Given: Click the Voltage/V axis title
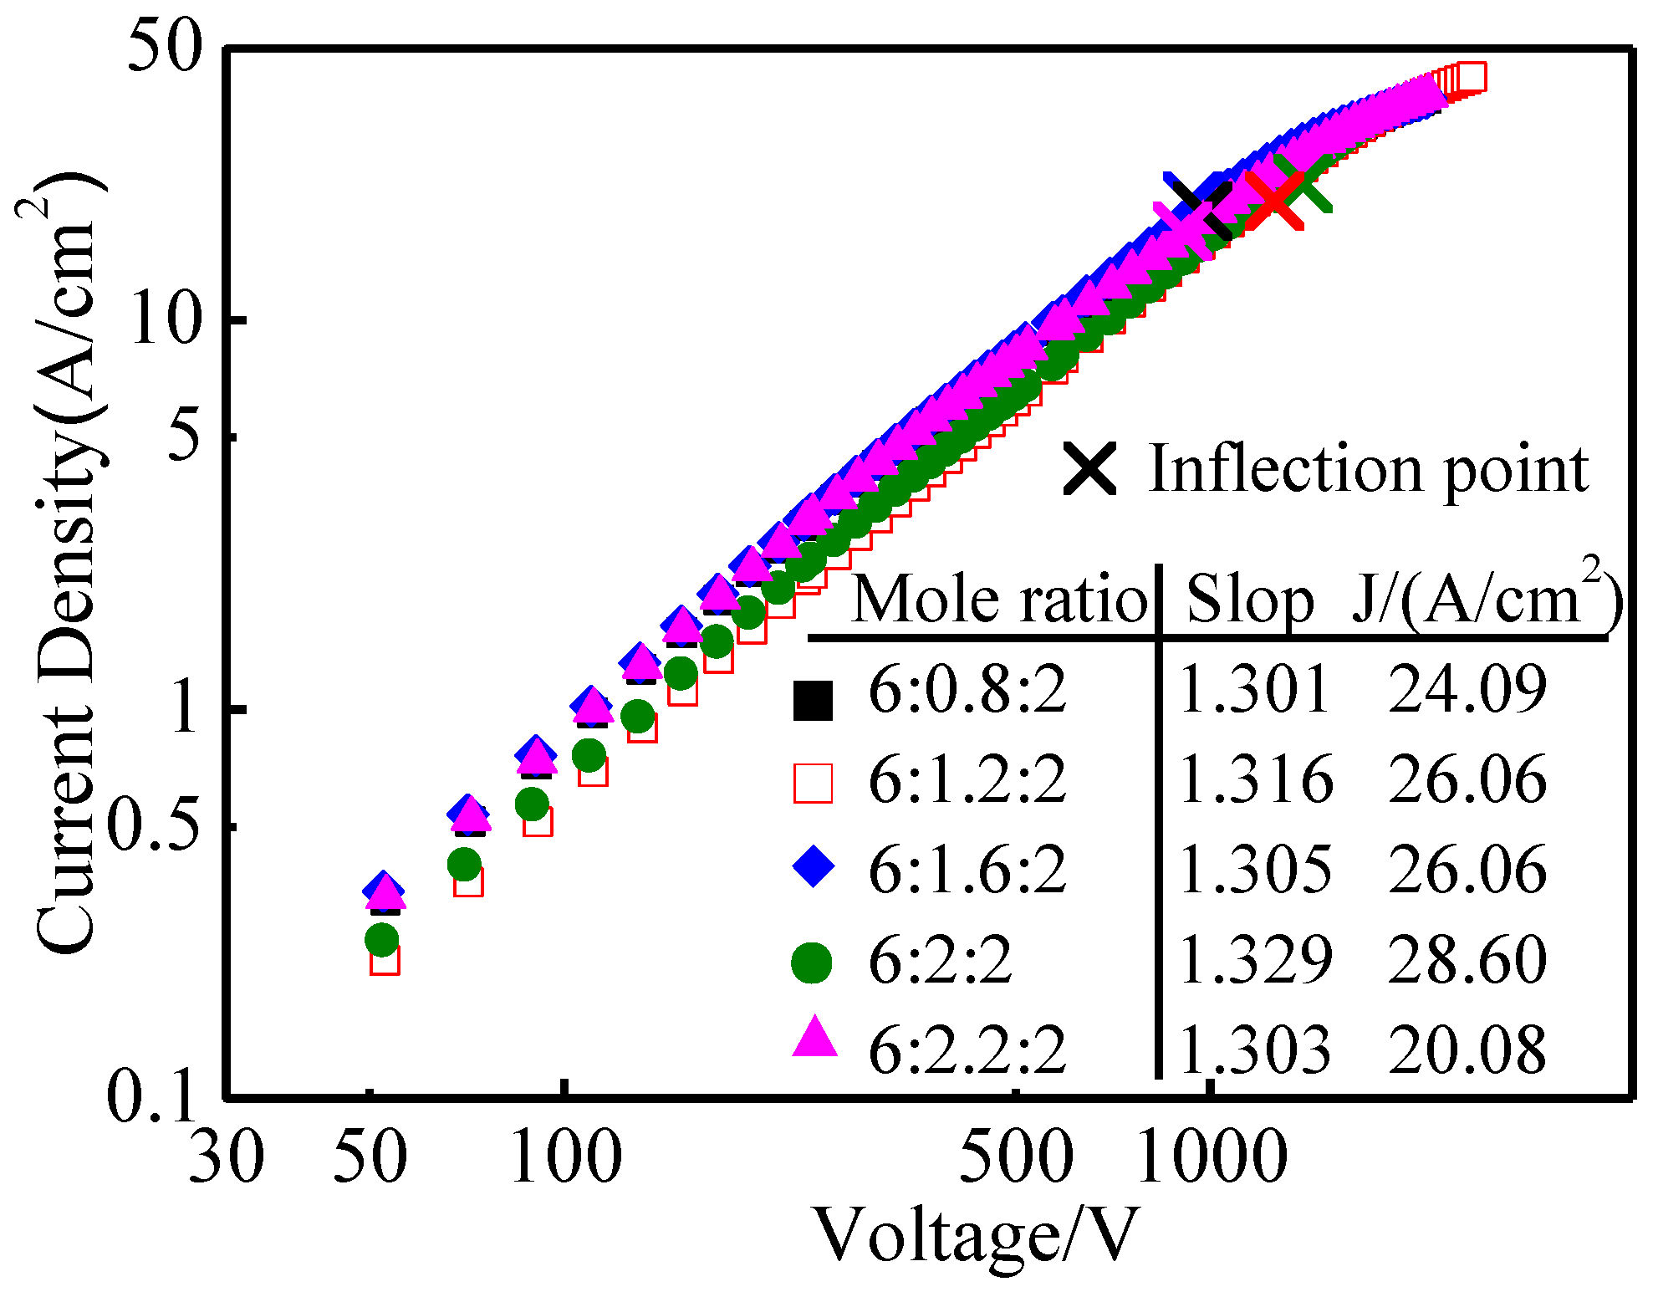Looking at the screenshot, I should click(x=976, y=1236).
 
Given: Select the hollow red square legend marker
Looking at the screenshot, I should click(x=813, y=784).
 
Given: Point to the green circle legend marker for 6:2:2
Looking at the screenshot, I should click(x=812, y=963).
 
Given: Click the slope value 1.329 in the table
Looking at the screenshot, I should click(x=1255, y=959).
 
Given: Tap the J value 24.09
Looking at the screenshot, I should click(x=1467, y=690).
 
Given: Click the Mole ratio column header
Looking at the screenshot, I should click(x=999, y=600).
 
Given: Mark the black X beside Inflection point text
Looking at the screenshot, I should click(x=1090, y=469).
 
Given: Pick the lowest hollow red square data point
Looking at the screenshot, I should click(x=385, y=960).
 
